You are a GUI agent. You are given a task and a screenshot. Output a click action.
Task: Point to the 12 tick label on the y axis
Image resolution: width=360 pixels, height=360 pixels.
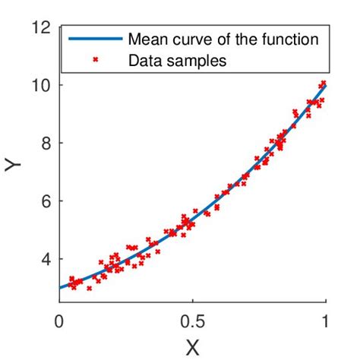(x=42, y=27)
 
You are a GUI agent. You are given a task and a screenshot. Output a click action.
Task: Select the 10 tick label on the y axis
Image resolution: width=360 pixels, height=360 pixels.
(x=42, y=85)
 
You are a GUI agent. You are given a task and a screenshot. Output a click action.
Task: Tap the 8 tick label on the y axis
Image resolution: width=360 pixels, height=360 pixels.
(x=46, y=143)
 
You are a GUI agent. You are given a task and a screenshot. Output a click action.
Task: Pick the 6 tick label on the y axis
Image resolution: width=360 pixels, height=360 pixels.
(x=46, y=201)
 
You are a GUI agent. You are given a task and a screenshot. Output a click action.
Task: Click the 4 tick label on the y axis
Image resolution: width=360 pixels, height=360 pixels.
(x=46, y=259)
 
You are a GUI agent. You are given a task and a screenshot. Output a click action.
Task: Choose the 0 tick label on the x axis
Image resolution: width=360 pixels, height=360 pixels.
(x=59, y=321)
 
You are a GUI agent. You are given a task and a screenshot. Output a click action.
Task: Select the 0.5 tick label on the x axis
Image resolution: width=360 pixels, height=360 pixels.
(x=193, y=321)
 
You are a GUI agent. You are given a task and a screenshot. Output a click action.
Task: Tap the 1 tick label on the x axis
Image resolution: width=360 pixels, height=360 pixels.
(x=326, y=321)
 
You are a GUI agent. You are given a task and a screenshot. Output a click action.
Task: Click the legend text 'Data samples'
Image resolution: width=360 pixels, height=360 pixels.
(x=177, y=61)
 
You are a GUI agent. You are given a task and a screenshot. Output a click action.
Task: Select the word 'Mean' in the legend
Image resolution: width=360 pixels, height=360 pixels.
(x=144, y=39)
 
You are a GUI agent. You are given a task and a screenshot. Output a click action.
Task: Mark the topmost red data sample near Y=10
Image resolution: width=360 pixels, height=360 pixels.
(x=324, y=82)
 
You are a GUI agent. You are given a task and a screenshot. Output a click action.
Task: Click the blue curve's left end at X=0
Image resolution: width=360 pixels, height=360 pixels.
(x=59, y=288)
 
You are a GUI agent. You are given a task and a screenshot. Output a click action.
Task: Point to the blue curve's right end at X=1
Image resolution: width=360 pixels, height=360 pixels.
(x=326, y=85)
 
